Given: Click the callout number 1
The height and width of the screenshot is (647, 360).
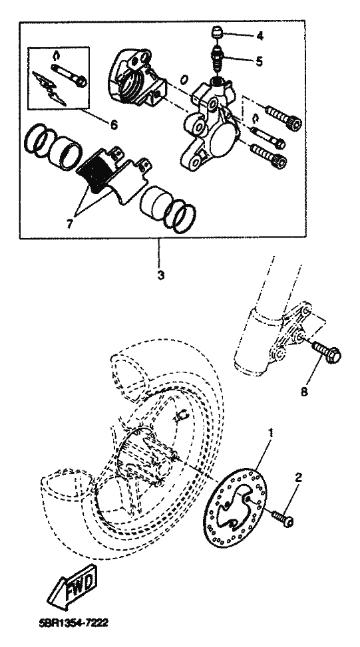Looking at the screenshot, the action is (271, 433).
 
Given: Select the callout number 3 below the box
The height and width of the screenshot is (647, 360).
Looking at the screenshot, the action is (160, 275).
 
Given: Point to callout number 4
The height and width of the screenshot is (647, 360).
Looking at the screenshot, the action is (260, 36).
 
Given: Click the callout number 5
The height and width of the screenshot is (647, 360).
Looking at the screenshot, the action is (259, 61).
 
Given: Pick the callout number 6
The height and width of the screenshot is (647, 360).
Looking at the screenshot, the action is (114, 124).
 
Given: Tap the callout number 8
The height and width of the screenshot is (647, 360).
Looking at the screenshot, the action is (304, 391).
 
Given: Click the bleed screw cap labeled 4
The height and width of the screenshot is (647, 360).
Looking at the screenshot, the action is (217, 33).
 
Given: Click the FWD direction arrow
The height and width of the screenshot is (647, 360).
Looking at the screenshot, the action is (73, 586).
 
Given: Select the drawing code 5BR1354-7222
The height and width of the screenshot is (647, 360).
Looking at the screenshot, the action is (73, 622).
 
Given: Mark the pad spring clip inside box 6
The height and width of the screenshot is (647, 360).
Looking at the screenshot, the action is (49, 88).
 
